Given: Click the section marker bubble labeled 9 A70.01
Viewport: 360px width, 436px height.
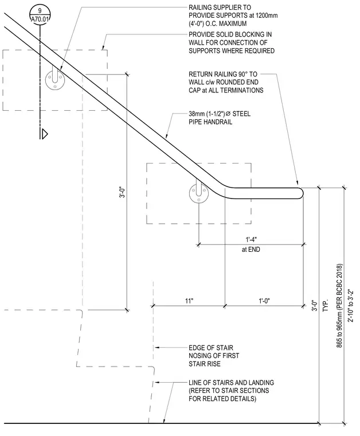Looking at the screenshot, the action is tap(40, 15).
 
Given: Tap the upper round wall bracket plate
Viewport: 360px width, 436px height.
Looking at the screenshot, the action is tap(55, 80).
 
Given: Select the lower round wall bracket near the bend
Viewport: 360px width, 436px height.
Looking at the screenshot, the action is tap(199, 193).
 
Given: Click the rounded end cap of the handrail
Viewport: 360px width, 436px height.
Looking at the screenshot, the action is tap(300, 193).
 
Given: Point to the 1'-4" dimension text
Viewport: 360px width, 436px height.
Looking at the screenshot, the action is tap(251, 239).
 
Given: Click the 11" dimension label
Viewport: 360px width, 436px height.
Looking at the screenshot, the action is tap(189, 301).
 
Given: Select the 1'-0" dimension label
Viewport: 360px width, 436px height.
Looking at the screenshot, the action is tap(264, 301).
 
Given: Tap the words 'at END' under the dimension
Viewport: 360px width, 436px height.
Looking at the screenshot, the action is tap(251, 250).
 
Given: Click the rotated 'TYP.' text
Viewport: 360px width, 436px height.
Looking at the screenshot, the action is tap(326, 305).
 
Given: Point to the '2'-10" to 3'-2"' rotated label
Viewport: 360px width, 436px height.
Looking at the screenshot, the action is tap(351, 305).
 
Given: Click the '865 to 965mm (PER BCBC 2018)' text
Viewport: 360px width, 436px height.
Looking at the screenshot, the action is tap(339, 306).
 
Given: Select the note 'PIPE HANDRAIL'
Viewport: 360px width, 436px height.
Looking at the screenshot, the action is tap(210, 122).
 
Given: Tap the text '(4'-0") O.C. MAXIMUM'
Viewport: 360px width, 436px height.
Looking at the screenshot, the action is tap(217, 24).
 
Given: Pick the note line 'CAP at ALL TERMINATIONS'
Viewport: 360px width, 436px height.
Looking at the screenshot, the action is tap(226, 91).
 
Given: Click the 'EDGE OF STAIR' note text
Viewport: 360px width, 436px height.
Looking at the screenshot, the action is tap(211, 348).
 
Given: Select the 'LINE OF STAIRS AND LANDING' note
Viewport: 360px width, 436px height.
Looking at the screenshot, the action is tap(231, 383).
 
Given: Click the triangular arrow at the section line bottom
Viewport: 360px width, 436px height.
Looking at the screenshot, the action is tap(45, 134).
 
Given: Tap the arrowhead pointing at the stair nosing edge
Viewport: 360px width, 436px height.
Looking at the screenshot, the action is tap(157, 348).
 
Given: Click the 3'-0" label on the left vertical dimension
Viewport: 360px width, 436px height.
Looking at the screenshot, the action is tap(122, 192).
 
